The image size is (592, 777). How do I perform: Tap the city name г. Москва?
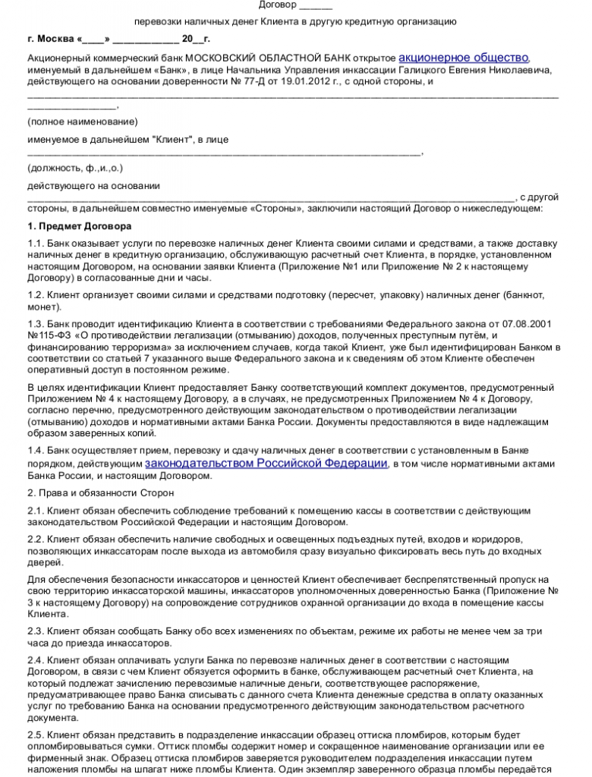[49, 38]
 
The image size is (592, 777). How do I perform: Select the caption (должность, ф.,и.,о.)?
[74, 168]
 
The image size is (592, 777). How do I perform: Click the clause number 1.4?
[36, 451]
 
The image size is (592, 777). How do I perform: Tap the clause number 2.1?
[36, 511]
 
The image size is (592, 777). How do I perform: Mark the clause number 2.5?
[36, 735]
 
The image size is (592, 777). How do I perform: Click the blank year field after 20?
[199, 38]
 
